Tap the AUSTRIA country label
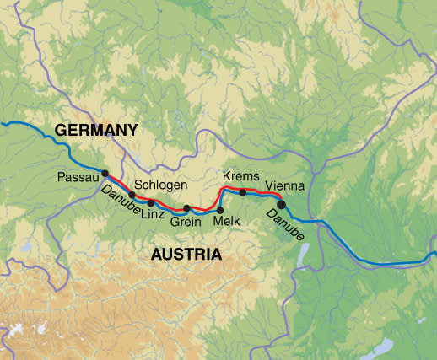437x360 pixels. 186,254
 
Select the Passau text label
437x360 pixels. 78,178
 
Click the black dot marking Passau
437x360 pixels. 105,174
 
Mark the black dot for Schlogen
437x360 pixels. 132,195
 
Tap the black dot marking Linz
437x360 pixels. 151,203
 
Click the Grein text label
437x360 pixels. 185,223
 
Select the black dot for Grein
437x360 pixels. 186,208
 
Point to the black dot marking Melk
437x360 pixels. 220,210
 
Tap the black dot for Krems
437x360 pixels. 243,192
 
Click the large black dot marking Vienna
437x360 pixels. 281,203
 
